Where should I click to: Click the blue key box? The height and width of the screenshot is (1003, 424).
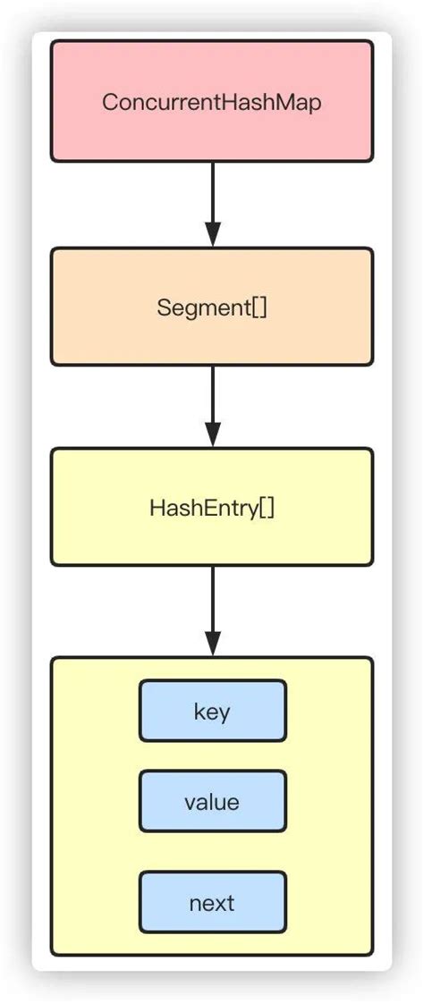click(x=212, y=711)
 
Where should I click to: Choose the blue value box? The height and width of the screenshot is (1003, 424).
click(x=212, y=802)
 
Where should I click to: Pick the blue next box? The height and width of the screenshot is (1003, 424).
click(x=212, y=902)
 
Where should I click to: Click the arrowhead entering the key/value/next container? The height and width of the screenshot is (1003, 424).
click(x=212, y=643)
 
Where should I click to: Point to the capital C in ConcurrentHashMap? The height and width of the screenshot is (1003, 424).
click(x=109, y=102)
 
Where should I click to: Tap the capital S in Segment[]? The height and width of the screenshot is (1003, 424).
click(x=163, y=308)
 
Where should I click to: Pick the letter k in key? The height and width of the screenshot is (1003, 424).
click(x=198, y=712)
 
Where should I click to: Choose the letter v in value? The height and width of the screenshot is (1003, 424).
click(x=189, y=803)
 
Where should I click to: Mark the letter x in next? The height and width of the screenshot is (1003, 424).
click(x=217, y=903)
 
